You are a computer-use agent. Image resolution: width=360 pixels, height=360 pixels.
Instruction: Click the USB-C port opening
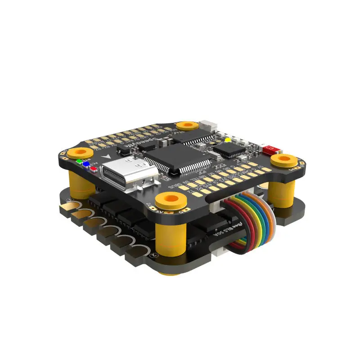click(121, 173)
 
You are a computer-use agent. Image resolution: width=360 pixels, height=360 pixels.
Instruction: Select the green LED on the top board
click(79, 161)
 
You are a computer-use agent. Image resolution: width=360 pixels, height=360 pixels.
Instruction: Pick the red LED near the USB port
click(94, 169)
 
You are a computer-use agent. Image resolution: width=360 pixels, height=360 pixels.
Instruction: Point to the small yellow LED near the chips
click(228, 140)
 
